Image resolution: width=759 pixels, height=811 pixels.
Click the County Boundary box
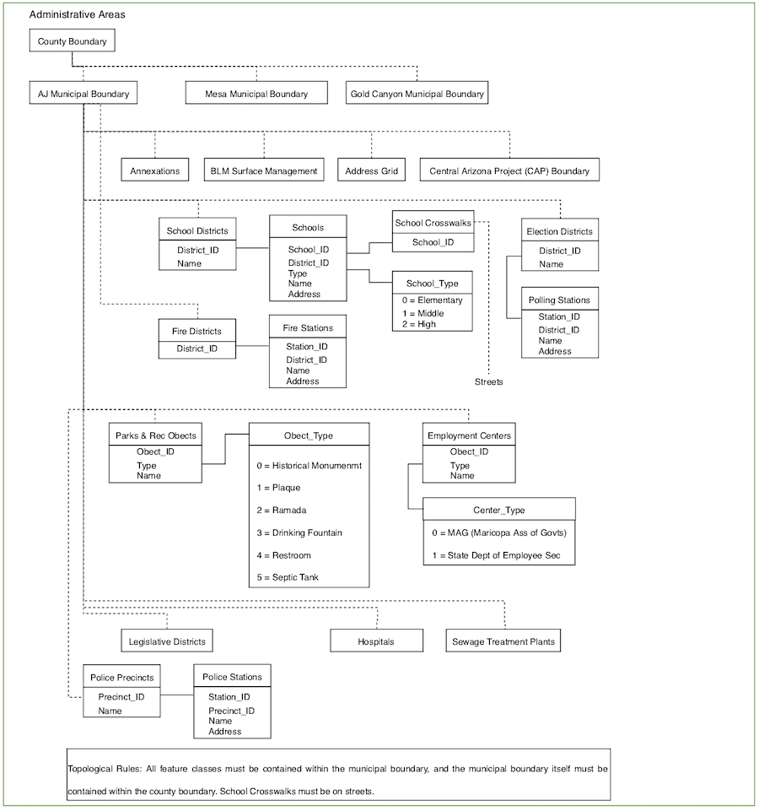(72, 41)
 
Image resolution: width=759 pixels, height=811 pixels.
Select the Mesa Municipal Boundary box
(256, 93)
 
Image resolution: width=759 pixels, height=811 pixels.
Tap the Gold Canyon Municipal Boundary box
(417, 93)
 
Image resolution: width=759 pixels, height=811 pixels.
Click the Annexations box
(154, 170)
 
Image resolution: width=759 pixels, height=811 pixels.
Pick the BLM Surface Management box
(264, 170)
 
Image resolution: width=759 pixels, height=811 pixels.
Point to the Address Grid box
(371, 170)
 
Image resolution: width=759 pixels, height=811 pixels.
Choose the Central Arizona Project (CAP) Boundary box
(509, 170)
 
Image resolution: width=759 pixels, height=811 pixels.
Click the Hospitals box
(376, 641)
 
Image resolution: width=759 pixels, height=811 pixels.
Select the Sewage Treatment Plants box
(503, 641)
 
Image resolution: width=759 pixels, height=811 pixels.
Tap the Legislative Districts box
(167, 641)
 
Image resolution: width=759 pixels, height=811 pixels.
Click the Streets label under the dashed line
(488, 381)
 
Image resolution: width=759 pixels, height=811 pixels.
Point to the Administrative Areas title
(77, 14)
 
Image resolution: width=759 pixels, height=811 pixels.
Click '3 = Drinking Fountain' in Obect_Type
(299, 533)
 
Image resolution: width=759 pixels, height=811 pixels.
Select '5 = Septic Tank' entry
(288, 577)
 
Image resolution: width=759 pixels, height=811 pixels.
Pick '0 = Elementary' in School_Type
(433, 300)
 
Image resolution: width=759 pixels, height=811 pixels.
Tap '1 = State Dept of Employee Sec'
(497, 555)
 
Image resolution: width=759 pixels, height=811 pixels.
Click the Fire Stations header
(308, 328)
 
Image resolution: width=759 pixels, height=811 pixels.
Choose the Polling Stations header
(559, 300)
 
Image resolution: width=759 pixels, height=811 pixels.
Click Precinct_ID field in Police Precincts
(121, 697)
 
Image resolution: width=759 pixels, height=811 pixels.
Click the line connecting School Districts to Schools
(253, 248)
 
